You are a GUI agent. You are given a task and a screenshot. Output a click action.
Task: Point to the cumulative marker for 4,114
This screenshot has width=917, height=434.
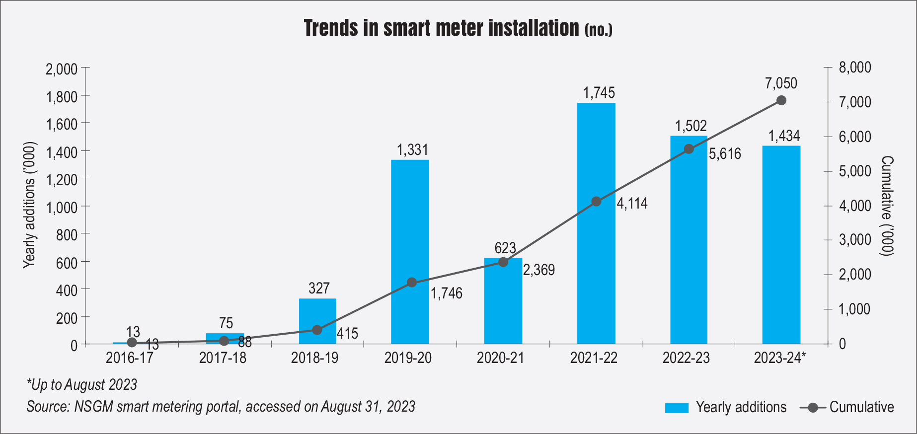pyautogui.click(x=596, y=202)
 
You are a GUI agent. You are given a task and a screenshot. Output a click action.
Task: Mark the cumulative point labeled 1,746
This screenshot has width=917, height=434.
pyautogui.click(x=412, y=283)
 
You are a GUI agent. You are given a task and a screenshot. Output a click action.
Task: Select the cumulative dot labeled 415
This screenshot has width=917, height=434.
pyautogui.click(x=317, y=330)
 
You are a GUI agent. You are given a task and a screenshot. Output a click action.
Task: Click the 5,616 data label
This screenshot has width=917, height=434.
pyautogui.click(x=725, y=154)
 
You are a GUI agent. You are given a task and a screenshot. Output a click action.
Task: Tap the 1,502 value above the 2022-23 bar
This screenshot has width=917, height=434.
pyautogui.click(x=690, y=126)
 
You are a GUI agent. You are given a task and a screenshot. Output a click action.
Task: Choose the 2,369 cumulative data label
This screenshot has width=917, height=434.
pyautogui.click(x=539, y=270)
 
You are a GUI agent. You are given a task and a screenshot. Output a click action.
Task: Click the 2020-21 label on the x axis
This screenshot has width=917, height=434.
pyautogui.click(x=500, y=358)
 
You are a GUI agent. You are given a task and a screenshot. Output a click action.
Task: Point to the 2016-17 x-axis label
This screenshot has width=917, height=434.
pyautogui.click(x=130, y=358)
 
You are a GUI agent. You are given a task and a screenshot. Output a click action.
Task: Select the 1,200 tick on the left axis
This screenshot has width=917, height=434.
pyautogui.click(x=62, y=179)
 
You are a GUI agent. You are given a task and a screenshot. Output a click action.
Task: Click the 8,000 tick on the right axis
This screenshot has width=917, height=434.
pyautogui.click(x=855, y=68)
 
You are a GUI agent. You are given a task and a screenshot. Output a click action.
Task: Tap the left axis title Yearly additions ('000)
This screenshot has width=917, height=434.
pyautogui.click(x=30, y=205)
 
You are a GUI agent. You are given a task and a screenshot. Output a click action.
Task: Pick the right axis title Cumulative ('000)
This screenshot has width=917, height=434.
pyautogui.click(x=887, y=206)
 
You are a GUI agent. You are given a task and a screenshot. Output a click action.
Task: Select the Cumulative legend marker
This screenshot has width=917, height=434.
pyautogui.click(x=813, y=408)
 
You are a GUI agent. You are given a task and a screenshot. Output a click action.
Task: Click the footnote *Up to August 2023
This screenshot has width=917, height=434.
pyautogui.click(x=82, y=385)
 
